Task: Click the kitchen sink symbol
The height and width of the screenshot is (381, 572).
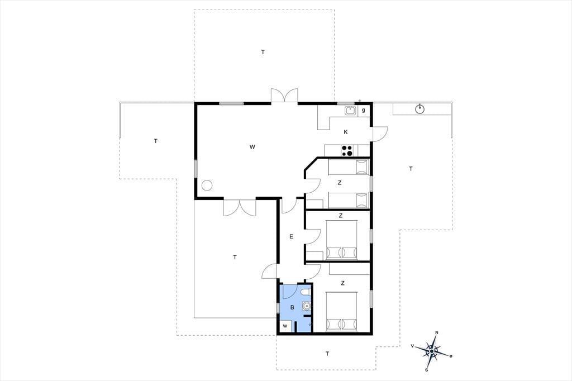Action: click(x=351, y=110)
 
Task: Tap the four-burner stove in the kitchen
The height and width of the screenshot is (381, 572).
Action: click(x=347, y=151)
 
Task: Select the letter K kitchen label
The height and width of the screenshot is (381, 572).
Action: click(x=345, y=132)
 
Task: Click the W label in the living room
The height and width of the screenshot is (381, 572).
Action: click(x=252, y=147)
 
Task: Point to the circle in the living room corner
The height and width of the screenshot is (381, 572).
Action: click(x=207, y=185)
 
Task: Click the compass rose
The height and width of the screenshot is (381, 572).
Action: click(x=432, y=351)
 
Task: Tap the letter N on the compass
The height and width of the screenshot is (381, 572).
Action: click(x=437, y=332)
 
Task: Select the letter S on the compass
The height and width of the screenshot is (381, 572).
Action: click(x=426, y=369)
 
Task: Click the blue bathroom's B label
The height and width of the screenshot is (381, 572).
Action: click(x=292, y=308)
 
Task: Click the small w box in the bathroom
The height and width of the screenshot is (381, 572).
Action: click(x=285, y=326)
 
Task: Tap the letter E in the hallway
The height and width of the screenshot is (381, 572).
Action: click(x=291, y=236)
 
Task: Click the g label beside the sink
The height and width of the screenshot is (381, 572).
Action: click(x=363, y=110)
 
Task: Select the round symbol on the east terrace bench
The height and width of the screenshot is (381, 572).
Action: click(x=420, y=108)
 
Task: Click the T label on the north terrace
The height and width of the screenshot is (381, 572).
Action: click(x=263, y=52)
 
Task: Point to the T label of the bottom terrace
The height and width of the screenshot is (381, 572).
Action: click(x=327, y=354)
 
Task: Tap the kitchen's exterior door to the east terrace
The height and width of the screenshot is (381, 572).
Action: click(x=379, y=134)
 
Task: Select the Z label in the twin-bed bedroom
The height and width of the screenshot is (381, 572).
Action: click(x=340, y=183)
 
